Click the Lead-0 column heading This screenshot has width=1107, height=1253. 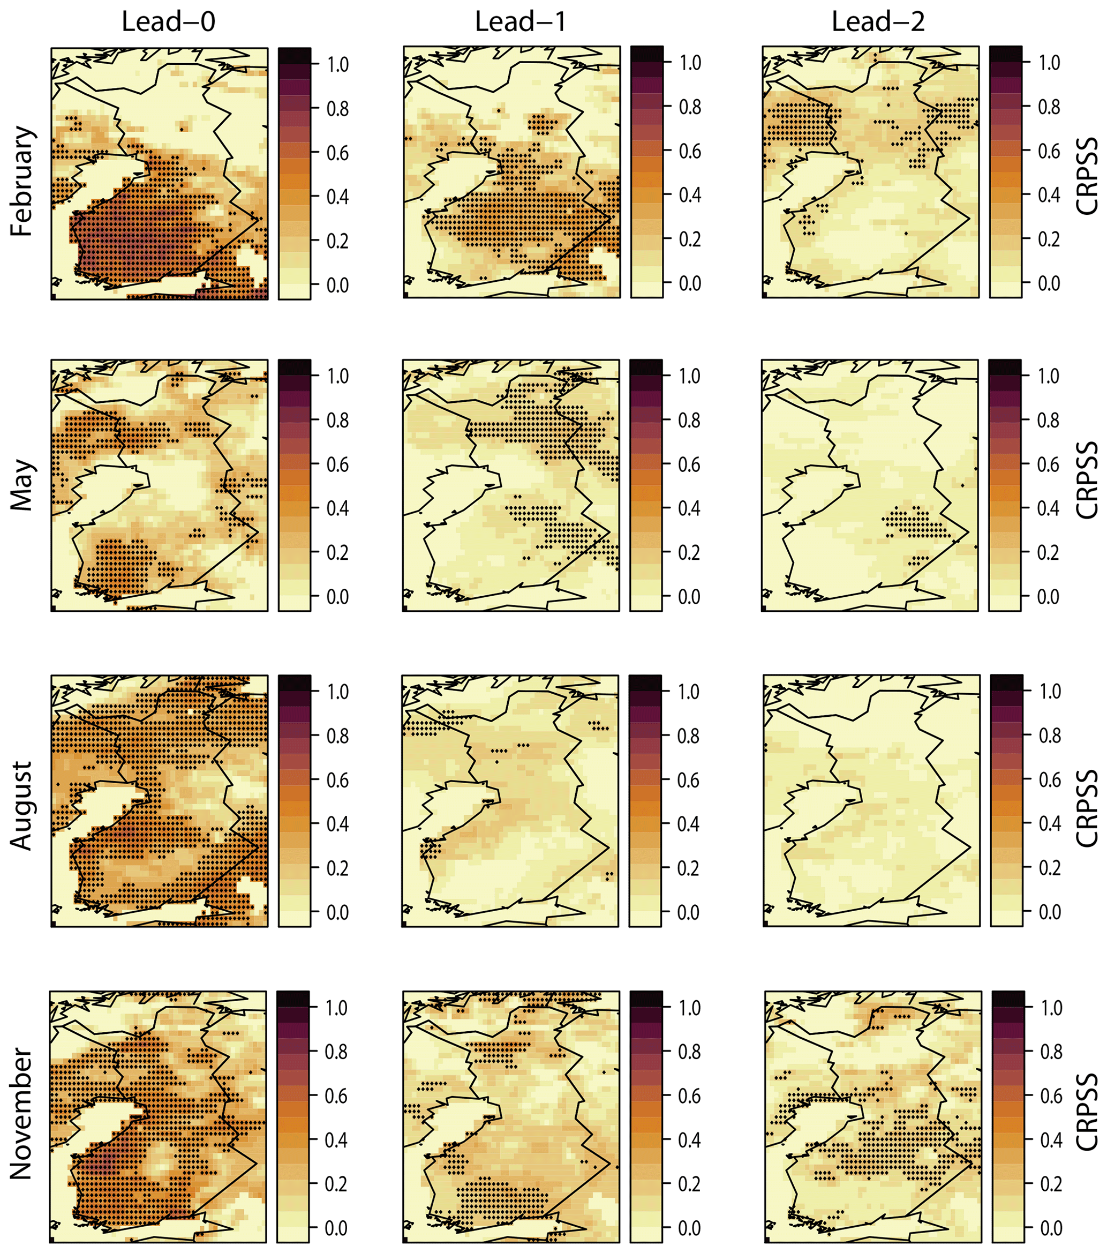click(x=169, y=22)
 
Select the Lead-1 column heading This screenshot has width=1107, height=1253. click(x=521, y=22)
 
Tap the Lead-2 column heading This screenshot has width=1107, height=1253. click(x=878, y=22)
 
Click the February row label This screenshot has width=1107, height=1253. click(x=22, y=182)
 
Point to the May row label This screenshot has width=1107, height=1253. click(x=22, y=484)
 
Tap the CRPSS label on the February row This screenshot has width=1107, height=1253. click(x=1087, y=176)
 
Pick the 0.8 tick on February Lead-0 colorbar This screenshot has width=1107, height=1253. click(x=337, y=109)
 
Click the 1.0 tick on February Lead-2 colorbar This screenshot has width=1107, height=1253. click(x=1049, y=63)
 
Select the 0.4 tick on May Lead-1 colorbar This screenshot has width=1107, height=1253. click(x=689, y=508)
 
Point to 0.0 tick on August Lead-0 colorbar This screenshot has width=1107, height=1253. click(x=337, y=912)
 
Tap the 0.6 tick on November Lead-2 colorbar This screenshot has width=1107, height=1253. click(x=1051, y=1096)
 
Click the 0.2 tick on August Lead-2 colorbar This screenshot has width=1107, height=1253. click(x=1049, y=868)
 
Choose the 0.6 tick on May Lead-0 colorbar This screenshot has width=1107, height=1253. click(x=337, y=464)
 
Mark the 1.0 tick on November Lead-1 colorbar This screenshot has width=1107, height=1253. click(x=689, y=1008)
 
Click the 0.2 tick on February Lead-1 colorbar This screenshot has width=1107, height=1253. click(x=690, y=239)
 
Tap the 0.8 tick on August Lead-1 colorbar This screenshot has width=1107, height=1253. click(x=688, y=736)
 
